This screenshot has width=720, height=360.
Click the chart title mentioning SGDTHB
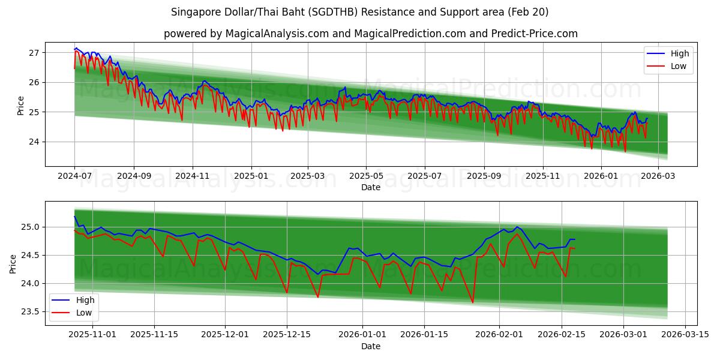(x=359, y=12)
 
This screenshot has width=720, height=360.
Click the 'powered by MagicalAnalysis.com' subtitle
(x=370, y=34)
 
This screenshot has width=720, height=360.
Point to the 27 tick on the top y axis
(x=34, y=53)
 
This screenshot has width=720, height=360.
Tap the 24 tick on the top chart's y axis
(x=34, y=142)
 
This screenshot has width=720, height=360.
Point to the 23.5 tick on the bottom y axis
(x=30, y=311)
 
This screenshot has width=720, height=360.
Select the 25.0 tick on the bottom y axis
(x=30, y=227)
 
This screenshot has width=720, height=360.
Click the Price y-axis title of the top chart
(x=21, y=106)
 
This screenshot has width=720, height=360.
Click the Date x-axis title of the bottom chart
(x=370, y=347)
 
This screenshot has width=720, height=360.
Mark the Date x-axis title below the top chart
(x=370, y=187)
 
